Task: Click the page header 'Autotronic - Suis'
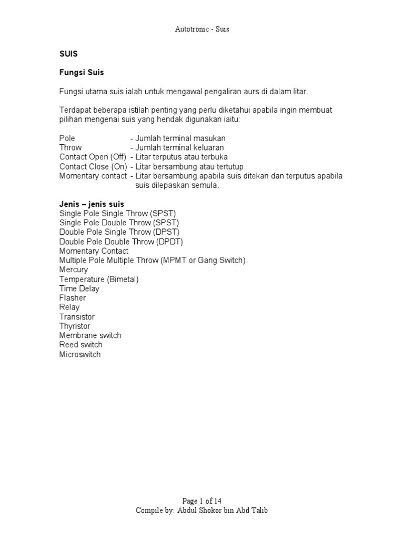202,29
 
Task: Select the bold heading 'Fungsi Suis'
82,73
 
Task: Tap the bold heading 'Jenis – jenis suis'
92,204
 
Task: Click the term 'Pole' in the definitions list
67,138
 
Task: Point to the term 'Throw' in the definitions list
70,147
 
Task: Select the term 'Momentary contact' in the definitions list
93,176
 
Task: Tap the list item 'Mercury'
74,270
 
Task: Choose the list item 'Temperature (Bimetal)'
99,280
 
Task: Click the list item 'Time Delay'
79,288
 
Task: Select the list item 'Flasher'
73,298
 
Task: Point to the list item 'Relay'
70,307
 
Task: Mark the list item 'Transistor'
77,317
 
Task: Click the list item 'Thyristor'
75,326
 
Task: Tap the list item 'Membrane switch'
90,335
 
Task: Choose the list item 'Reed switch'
81,345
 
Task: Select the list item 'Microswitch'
80,354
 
